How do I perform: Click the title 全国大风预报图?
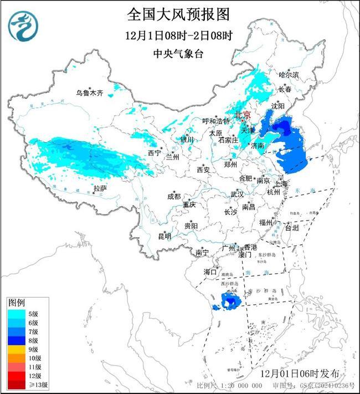178,13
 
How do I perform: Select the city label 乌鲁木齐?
90,93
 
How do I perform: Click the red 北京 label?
243,115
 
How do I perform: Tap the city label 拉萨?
100,188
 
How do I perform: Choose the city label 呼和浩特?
215,121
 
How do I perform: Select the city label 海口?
209,272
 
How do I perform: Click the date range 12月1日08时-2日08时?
178,35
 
